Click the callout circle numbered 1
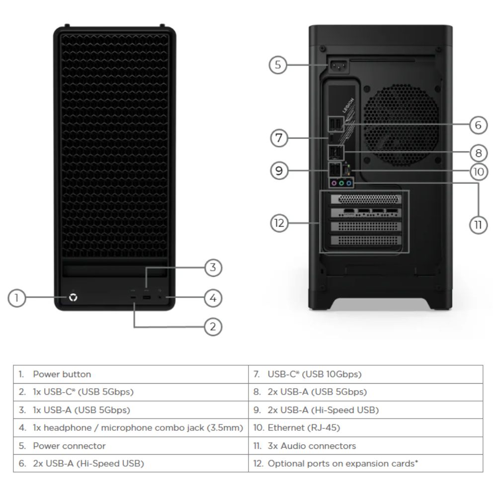(x=17, y=298)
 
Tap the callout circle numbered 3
(x=213, y=268)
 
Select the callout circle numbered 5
(x=279, y=65)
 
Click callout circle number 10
(x=478, y=171)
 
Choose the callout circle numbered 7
(x=279, y=138)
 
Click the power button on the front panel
(x=74, y=298)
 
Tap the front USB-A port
(x=147, y=298)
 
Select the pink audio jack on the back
(x=334, y=183)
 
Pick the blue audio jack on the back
(x=349, y=183)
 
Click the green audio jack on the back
(x=342, y=183)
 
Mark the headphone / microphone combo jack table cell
(x=132, y=427)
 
